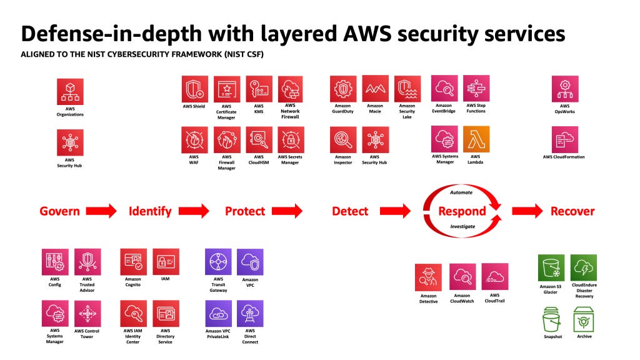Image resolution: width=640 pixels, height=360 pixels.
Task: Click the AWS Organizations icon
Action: tap(69, 91)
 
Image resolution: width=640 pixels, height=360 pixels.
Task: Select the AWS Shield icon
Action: tap(194, 89)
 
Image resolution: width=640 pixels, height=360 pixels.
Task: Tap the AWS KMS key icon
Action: tap(259, 89)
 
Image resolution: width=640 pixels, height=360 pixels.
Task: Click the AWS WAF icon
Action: tap(194, 140)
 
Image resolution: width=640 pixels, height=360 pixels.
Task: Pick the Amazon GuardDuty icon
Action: tap(343, 89)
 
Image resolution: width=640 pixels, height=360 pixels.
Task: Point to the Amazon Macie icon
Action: tap(375, 89)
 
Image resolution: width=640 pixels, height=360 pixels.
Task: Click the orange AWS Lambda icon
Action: tap(476, 139)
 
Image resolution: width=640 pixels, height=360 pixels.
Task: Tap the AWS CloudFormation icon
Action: tap(564, 139)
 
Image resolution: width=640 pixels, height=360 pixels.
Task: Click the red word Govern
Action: tap(59, 211)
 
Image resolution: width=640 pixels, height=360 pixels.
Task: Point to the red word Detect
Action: tap(350, 211)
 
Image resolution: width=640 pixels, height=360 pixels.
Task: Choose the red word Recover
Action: tap(572, 211)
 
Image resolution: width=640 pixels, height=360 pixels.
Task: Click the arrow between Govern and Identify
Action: tap(101, 211)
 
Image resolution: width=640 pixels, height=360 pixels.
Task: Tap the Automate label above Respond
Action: tap(462, 192)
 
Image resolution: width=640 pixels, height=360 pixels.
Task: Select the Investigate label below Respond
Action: tap(462, 226)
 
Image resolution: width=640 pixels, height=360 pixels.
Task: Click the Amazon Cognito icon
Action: tap(133, 262)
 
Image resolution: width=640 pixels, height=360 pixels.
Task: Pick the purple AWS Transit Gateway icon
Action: tap(218, 262)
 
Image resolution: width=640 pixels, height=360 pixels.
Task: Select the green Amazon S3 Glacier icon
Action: tap(551, 267)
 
